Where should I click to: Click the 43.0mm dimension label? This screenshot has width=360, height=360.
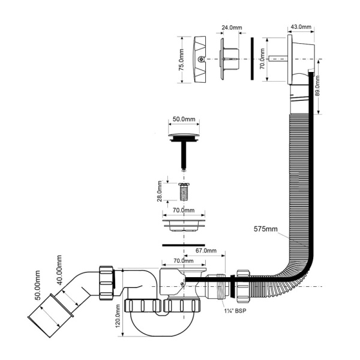point(301,26)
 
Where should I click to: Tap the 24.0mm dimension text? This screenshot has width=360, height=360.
point(232,28)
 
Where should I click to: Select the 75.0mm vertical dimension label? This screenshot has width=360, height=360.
point(181,59)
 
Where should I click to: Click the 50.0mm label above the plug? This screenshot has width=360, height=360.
point(184,119)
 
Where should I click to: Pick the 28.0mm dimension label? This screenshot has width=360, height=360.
point(160,191)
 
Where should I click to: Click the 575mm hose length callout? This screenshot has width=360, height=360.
point(265,229)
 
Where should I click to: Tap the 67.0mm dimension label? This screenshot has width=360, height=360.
point(206,250)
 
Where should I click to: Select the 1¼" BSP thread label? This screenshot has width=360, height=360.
point(235,311)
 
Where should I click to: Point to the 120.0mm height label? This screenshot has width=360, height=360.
point(118,316)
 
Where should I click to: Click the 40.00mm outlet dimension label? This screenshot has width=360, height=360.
point(59,270)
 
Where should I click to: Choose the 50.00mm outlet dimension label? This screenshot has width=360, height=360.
point(37,286)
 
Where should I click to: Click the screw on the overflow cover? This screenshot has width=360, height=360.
point(201,59)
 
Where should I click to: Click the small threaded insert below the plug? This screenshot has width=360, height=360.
point(184,192)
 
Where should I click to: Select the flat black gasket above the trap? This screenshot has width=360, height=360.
point(184,245)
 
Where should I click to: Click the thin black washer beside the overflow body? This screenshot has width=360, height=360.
point(252,59)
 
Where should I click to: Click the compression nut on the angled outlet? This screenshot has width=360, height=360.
point(107,283)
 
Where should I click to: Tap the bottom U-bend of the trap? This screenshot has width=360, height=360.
point(163,326)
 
